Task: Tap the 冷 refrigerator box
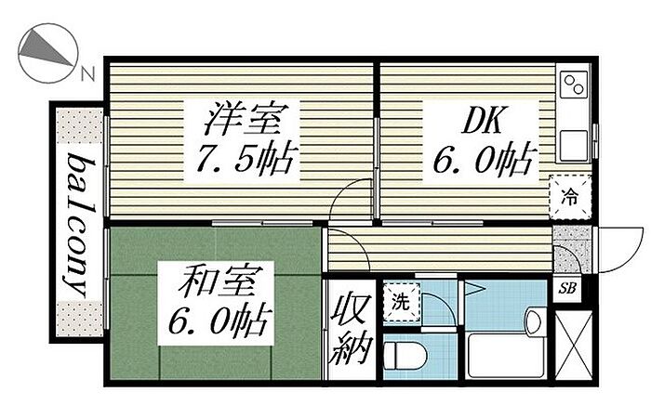568,197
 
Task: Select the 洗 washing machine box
400,301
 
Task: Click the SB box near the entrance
567,288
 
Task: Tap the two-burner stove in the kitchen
573,86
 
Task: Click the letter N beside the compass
86,74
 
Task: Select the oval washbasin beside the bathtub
533,322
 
